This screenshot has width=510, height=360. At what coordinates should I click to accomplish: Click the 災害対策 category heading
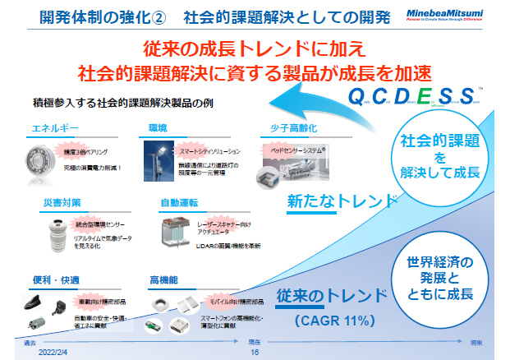point(62,201)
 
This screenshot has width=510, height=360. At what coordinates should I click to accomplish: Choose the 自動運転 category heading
point(178,201)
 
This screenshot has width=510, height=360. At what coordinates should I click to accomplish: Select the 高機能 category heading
point(165,279)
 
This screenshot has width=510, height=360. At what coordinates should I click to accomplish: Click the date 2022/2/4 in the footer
point(53,351)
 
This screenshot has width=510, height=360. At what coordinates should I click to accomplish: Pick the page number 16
point(255,351)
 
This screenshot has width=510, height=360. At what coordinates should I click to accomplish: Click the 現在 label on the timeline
point(255,341)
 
